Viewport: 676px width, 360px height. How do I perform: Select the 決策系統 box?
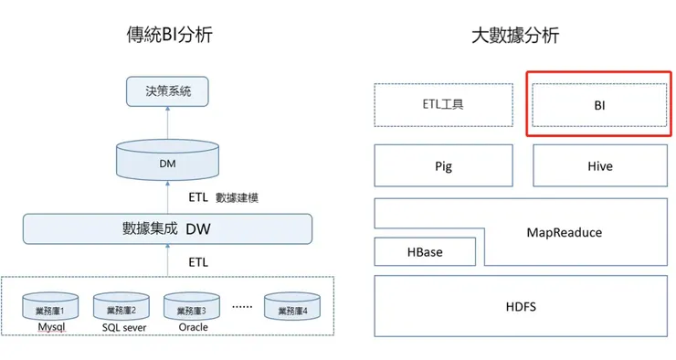pos(167,92)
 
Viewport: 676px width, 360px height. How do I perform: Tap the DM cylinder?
pos(167,161)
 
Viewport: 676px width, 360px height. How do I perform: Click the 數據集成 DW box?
pos(167,228)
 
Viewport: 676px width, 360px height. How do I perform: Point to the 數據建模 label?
pos(237,196)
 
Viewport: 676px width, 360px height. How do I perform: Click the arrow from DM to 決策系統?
pos(167,123)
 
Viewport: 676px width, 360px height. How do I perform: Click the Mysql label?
pos(51,327)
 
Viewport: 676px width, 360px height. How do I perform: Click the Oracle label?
pos(192,327)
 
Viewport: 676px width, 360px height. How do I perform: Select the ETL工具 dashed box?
pos(443,105)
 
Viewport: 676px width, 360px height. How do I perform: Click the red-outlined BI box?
pos(599,105)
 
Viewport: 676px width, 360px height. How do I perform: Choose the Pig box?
pos(443,166)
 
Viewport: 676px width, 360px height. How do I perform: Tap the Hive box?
pos(599,166)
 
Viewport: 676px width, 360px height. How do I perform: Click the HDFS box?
pos(521,306)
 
